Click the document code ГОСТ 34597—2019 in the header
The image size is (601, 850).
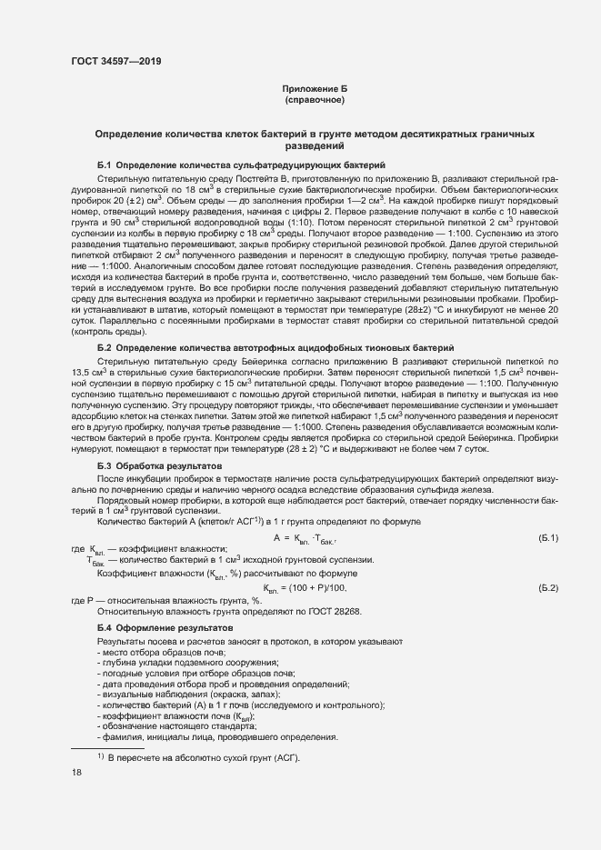coord(117,63)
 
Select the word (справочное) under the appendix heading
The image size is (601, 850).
coord(314,100)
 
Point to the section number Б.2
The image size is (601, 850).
coord(104,349)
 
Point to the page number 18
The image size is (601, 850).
coord(76,773)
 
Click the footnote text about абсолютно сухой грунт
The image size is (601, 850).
coord(204,758)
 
